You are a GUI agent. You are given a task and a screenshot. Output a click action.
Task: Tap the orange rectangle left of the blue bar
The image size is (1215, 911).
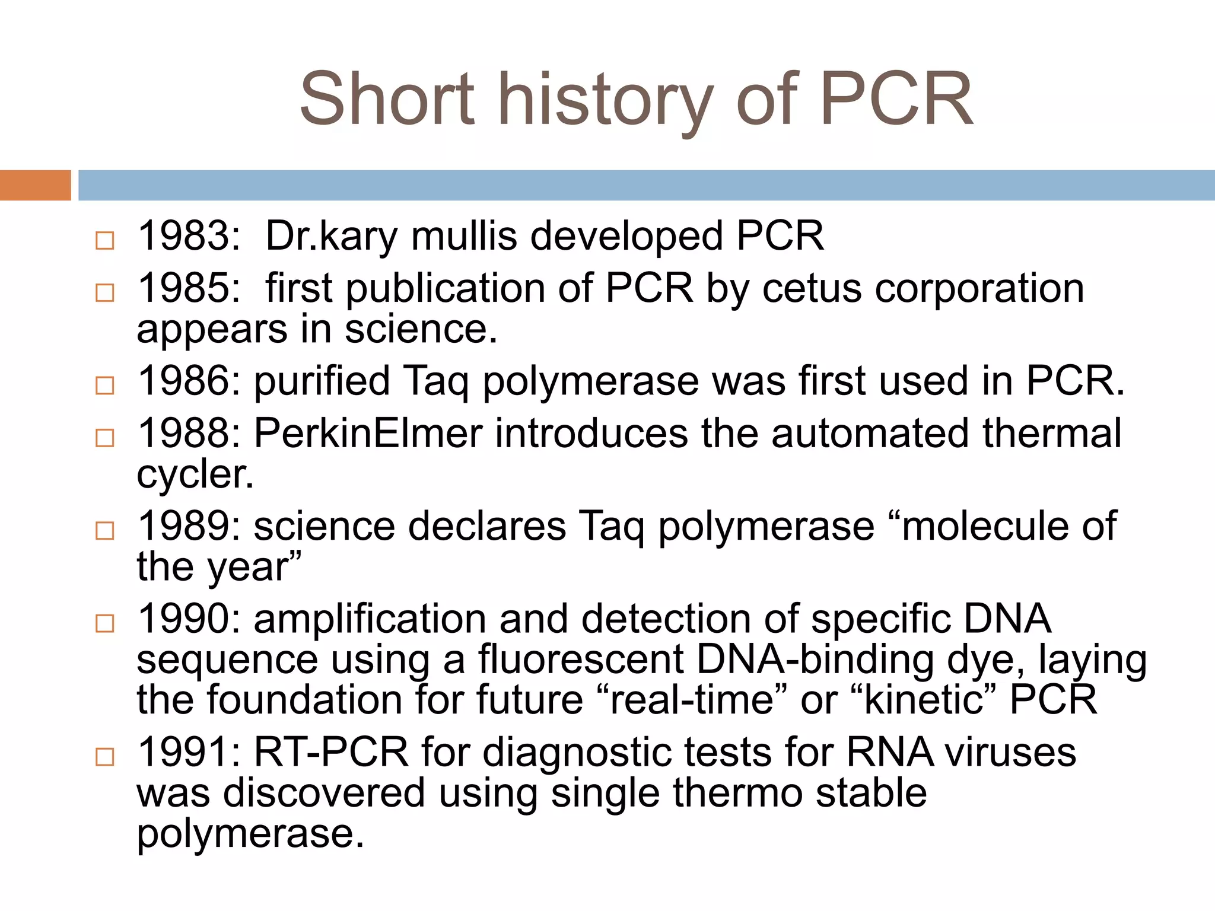[36, 185]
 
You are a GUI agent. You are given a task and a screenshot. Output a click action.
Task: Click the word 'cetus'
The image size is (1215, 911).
[812, 289]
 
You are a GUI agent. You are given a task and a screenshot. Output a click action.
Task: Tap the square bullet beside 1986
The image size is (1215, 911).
[105, 386]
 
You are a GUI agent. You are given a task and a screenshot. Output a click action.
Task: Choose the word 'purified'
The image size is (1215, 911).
[322, 381]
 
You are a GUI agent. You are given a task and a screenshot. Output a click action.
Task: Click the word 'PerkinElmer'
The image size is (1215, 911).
[368, 433]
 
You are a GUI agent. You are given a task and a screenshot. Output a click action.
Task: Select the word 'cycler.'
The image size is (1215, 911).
[195, 474]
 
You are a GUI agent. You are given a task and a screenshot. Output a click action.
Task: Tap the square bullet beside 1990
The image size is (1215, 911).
[105, 623]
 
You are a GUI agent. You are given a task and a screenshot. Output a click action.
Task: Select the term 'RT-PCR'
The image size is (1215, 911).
[331, 752]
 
